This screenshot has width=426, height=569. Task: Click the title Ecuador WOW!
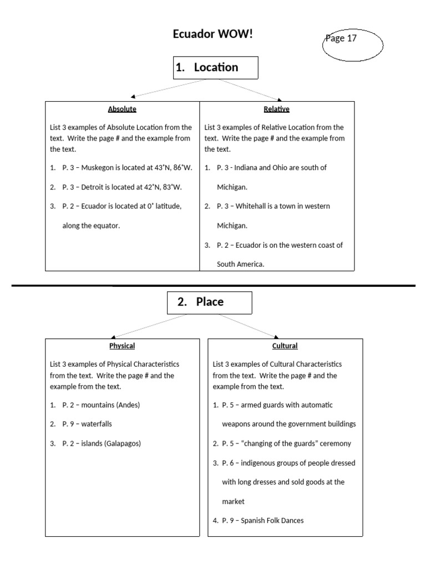click(x=213, y=34)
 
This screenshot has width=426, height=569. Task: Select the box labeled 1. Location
click(x=215, y=68)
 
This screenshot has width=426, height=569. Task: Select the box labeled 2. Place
click(x=209, y=302)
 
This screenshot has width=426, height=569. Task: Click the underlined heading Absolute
click(x=122, y=109)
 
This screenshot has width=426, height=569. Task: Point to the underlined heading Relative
click(x=277, y=109)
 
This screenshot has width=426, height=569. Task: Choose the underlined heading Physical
click(x=122, y=346)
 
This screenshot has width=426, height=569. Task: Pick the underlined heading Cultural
click(x=285, y=346)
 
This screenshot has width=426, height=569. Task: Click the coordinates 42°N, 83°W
click(x=163, y=187)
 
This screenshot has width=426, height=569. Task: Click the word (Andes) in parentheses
click(x=128, y=405)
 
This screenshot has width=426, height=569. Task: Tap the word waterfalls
click(x=97, y=424)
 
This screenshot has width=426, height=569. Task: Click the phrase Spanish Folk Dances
click(x=272, y=521)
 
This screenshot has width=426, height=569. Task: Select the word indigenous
click(x=260, y=463)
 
